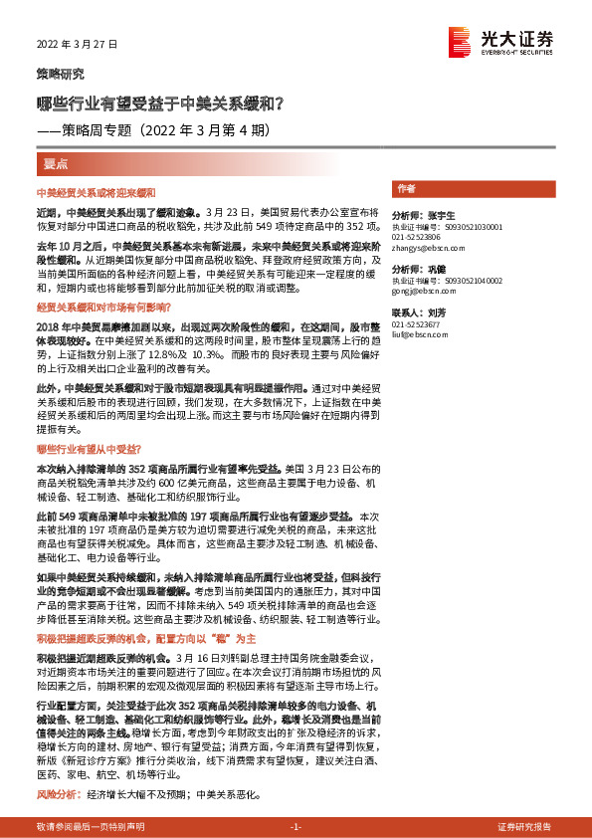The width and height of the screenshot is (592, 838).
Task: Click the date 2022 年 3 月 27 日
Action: (77, 45)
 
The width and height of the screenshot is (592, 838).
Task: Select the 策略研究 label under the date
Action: (60, 75)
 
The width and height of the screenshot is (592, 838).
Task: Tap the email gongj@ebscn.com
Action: (416, 292)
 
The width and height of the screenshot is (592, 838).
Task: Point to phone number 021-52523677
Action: (417, 324)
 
